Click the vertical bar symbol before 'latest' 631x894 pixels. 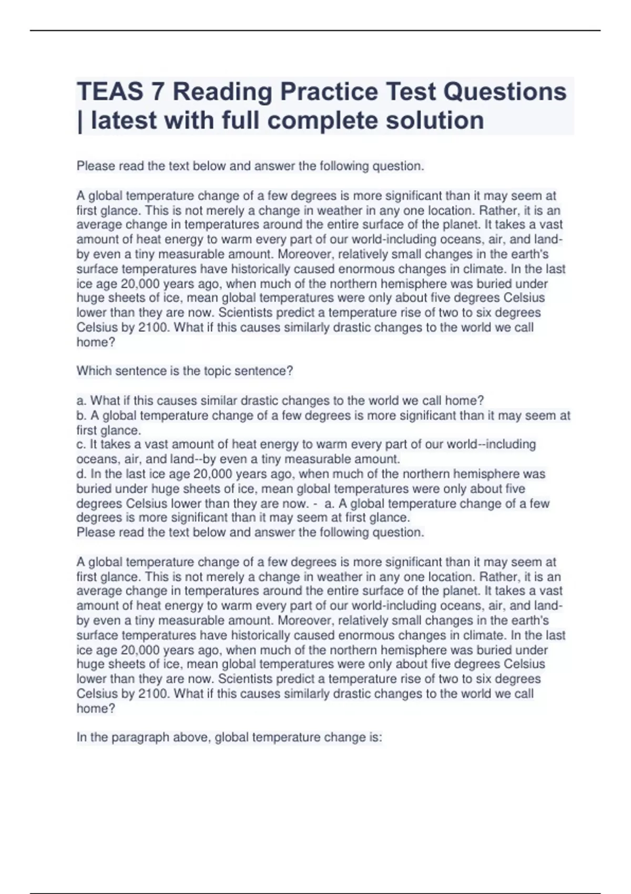click(80, 120)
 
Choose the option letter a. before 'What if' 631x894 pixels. click(82, 401)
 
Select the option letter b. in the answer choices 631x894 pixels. click(82, 415)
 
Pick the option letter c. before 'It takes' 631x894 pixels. click(82, 445)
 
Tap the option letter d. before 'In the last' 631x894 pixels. click(82, 474)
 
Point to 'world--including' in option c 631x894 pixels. click(491, 445)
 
